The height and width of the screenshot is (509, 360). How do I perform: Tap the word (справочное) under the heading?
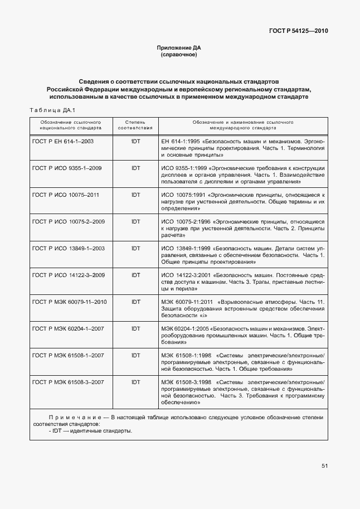pyautogui.click(x=179, y=55)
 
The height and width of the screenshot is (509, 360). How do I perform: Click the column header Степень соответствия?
pyautogui.click(x=135, y=124)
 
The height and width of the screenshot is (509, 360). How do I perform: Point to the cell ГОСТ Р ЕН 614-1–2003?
pyautogui.click(x=63, y=141)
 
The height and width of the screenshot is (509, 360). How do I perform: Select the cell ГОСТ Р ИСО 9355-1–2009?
pyautogui.click(x=68, y=168)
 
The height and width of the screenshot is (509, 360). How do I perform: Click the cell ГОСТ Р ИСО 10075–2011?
pyautogui.click(x=66, y=195)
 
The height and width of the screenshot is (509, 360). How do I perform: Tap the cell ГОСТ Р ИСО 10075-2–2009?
pyautogui.click(x=69, y=221)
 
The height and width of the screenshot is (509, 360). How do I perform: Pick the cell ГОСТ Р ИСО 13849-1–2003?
pyautogui.click(x=69, y=248)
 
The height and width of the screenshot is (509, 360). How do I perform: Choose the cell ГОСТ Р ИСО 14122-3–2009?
pyautogui.click(x=69, y=275)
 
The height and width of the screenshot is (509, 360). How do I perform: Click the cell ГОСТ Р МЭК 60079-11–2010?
pyautogui.click(x=70, y=302)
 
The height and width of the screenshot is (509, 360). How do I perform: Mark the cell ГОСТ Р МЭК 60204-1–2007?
pyautogui.click(x=69, y=328)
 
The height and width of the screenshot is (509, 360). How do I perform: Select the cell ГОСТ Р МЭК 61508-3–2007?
pyautogui.click(x=69, y=382)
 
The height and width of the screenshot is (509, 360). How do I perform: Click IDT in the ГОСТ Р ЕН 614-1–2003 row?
pyautogui.click(x=135, y=141)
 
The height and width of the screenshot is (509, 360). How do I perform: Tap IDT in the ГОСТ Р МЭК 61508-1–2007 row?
pyautogui.click(x=135, y=355)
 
